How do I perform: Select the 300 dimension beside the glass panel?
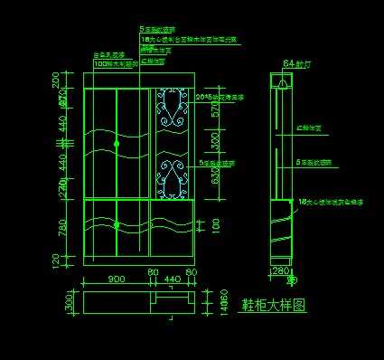pos(215,144)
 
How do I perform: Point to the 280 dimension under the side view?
pos(280,270)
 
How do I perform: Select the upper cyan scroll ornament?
pos(172,109)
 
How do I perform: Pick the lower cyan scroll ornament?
pos(172,177)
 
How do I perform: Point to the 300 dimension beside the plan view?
pos(69,302)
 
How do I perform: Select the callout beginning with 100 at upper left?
pos(117,65)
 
